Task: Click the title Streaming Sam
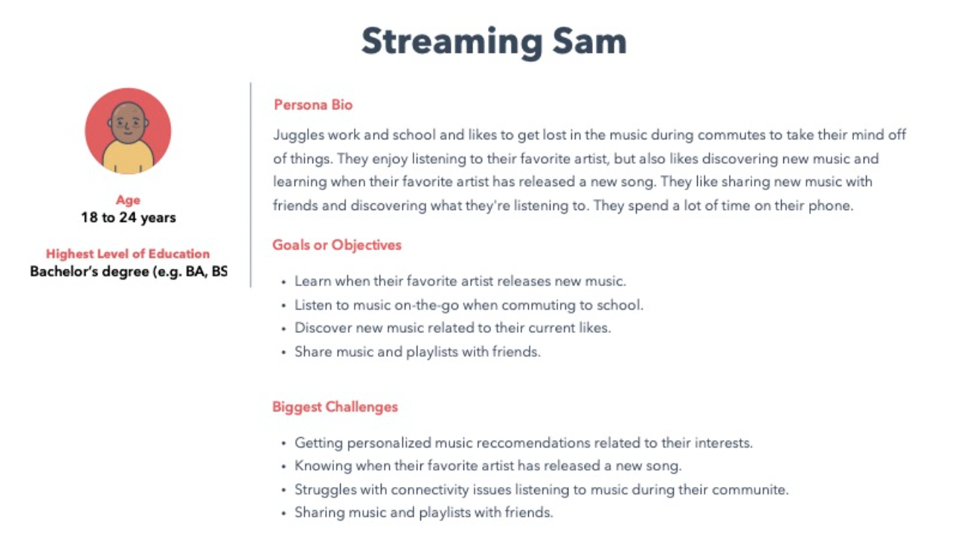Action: (494, 42)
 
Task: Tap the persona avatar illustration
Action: (128, 131)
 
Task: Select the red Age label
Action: (128, 200)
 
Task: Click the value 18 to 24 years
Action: (129, 217)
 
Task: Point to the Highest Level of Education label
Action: (128, 254)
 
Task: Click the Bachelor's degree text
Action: (129, 271)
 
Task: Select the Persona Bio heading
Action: (313, 105)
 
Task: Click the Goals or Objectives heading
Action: (337, 245)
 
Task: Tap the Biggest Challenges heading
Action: (335, 407)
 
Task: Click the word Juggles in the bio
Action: (299, 136)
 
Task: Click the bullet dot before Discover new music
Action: (283, 329)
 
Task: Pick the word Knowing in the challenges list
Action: (323, 466)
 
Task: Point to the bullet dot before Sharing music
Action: (283, 514)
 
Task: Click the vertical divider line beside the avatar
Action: (251, 185)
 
